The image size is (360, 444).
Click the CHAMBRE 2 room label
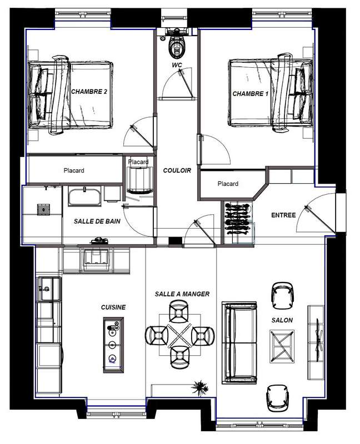[x=89, y=92]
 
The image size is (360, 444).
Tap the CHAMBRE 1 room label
[x=251, y=94]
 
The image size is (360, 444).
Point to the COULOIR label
[x=177, y=170]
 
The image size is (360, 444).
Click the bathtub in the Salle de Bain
[x=84, y=196]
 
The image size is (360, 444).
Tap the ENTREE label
[x=283, y=215]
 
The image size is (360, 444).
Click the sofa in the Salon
[x=240, y=342]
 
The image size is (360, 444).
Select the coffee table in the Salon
[x=282, y=346]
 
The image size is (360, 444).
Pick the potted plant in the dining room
[x=201, y=387]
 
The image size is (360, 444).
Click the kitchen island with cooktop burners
[x=113, y=345]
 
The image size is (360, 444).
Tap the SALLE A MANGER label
[x=182, y=294]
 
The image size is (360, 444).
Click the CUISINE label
[x=113, y=307]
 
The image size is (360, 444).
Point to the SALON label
[x=282, y=320]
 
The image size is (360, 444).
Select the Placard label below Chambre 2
[x=74, y=170]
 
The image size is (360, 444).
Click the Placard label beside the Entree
[x=228, y=184]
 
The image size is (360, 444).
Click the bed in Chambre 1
[x=271, y=93]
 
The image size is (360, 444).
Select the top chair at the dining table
[x=178, y=311]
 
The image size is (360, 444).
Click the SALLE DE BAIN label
[x=97, y=221]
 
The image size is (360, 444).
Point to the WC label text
[x=177, y=65]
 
